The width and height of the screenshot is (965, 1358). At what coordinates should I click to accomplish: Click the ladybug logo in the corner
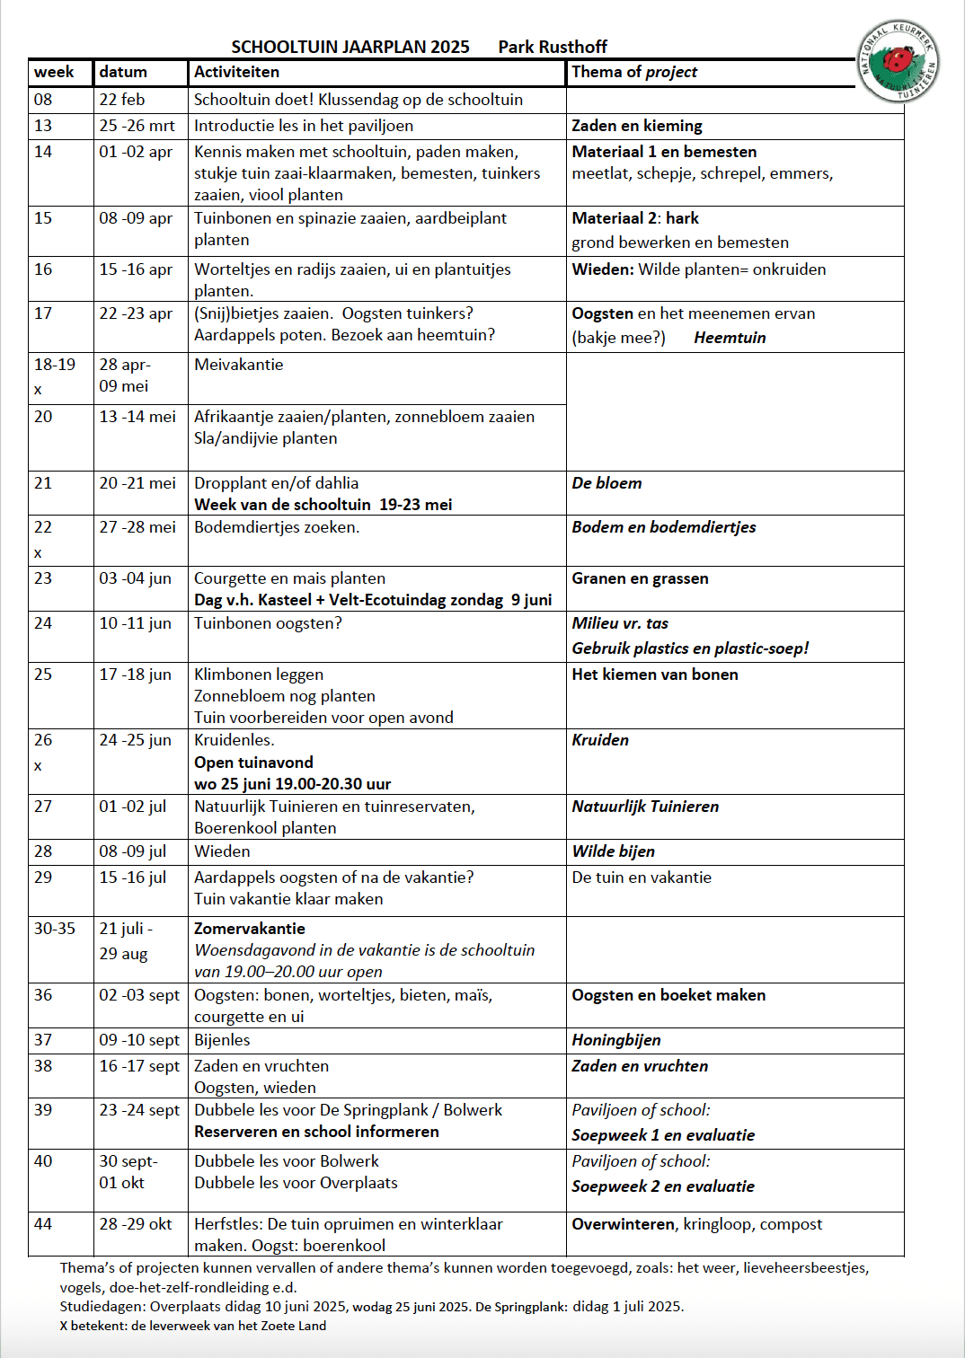click(898, 61)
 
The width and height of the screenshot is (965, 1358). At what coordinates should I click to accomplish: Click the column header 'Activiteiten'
click(236, 72)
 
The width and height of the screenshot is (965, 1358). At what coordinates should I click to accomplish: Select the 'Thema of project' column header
click(634, 72)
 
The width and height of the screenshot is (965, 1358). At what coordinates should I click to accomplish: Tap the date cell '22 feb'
click(122, 100)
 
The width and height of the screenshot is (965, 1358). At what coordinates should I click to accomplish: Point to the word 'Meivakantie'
click(239, 365)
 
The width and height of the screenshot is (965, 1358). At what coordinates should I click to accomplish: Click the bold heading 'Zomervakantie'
click(250, 929)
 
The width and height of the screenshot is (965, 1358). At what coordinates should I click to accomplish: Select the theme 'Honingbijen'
click(616, 1040)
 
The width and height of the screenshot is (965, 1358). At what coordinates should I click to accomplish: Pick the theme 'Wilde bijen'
click(614, 851)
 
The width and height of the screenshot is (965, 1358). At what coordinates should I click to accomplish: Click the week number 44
click(43, 1224)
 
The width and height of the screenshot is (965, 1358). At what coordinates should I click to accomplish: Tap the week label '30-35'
click(55, 929)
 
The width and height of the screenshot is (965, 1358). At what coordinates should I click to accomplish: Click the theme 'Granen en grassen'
click(640, 578)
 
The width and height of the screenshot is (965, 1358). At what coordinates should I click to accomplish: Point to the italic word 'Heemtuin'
click(730, 338)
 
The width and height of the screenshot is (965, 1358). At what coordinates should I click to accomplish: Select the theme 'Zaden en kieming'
click(637, 126)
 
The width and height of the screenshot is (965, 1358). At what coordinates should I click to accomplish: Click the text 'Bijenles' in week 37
click(222, 1040)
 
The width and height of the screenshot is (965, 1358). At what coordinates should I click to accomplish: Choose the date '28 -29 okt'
click(136, 1224)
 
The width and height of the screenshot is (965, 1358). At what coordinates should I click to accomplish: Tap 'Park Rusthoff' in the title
click(553, 47)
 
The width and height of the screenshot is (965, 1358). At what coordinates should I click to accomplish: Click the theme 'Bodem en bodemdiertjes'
click(664, 527)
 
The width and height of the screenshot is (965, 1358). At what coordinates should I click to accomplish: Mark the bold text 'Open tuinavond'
click(253, 763)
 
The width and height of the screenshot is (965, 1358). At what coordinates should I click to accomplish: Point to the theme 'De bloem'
click(606, 483)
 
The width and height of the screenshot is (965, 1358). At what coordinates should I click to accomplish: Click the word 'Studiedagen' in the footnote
click(102, 1307)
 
